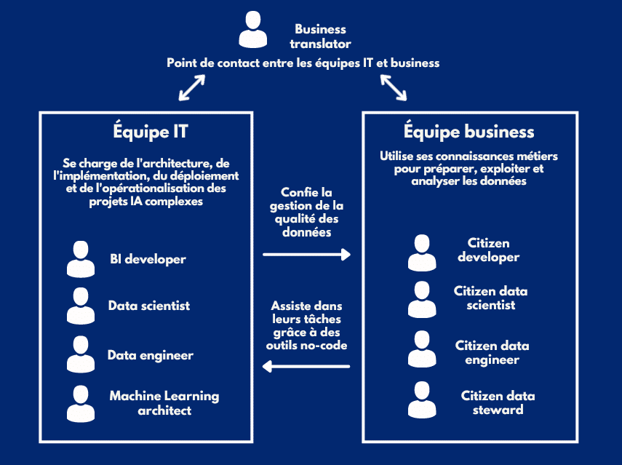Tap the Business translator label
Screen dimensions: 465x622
pyautogui.click(x=320, y=36)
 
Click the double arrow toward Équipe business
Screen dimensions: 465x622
pyautogui.click(x=394, y=87)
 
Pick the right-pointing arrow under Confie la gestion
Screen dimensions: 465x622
pyautogui.click(x=306, y=255)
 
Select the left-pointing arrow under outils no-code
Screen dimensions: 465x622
pyautogui.click(x=306, y=367)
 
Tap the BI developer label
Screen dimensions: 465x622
pyautogui.click(x=148, y=259)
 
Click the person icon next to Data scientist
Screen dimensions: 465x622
pyautogui.click(x=81, y=306)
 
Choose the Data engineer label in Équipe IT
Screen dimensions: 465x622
pyautogui.click(x=151, y=355)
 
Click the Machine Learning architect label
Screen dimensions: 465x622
pyautogui.click(x=164, y=403)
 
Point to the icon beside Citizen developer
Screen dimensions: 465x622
pyautogui.click(x=422, y=253)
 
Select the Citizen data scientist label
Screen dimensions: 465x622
pyautogui.click(x=491, y=298)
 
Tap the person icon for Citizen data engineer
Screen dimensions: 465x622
pyautogui.click(x=422, y=349)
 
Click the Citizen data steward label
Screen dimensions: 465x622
pyautogui.click(x=498, y=402)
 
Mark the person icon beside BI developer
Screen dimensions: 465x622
pyautogui.click(x=81, y=258)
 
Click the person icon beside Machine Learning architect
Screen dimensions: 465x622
pyautogui.click(x=81, y=404)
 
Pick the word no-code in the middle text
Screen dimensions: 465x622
pyautogui.click(x=328, y=345)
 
